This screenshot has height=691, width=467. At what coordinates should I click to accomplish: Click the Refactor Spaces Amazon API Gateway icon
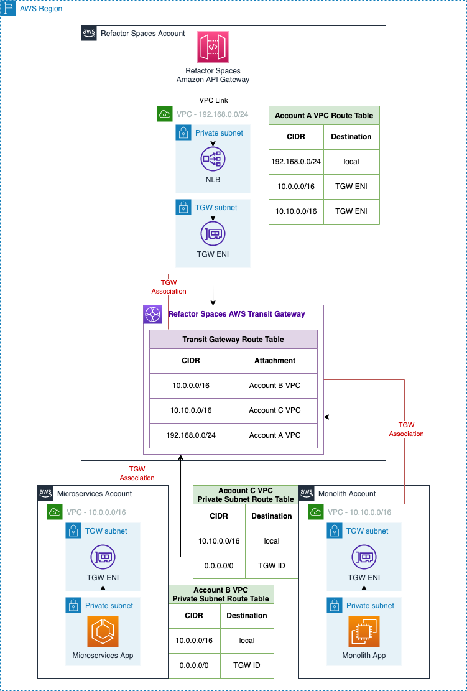tap(213, 47)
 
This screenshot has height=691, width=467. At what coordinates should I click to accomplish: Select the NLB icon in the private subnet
tap(213, 159)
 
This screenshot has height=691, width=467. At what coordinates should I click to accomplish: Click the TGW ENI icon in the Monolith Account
tap(365, 557)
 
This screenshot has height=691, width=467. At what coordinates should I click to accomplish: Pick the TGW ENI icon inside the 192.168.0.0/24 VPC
tap(213, 234)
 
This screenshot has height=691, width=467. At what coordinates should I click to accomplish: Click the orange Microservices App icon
tap(103, 632)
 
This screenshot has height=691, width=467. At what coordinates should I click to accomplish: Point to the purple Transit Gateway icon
tap(152, 314)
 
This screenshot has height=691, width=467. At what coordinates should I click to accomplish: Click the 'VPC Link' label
tap(213, 100)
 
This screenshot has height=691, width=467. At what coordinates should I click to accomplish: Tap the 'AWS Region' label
tap(41, 9)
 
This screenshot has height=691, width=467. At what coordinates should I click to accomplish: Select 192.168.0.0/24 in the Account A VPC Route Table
tap(296, 162)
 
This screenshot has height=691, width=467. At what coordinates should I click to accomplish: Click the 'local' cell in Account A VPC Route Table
tap(351, 162)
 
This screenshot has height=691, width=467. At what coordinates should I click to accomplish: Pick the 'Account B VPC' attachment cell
tap(275, 386)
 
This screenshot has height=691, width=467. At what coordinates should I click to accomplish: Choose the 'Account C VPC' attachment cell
tap(275, 410)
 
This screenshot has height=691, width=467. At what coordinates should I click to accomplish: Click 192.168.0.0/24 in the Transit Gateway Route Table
tap(191, 435)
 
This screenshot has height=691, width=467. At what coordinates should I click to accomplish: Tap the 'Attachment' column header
tap(275, 361)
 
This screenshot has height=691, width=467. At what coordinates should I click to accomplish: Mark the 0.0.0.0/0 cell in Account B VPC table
tap(194, 665)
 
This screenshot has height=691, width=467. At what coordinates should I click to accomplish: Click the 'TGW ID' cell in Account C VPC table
tap(272, 566)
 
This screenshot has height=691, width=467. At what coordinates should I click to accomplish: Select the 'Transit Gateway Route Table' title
tap(233, 340)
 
